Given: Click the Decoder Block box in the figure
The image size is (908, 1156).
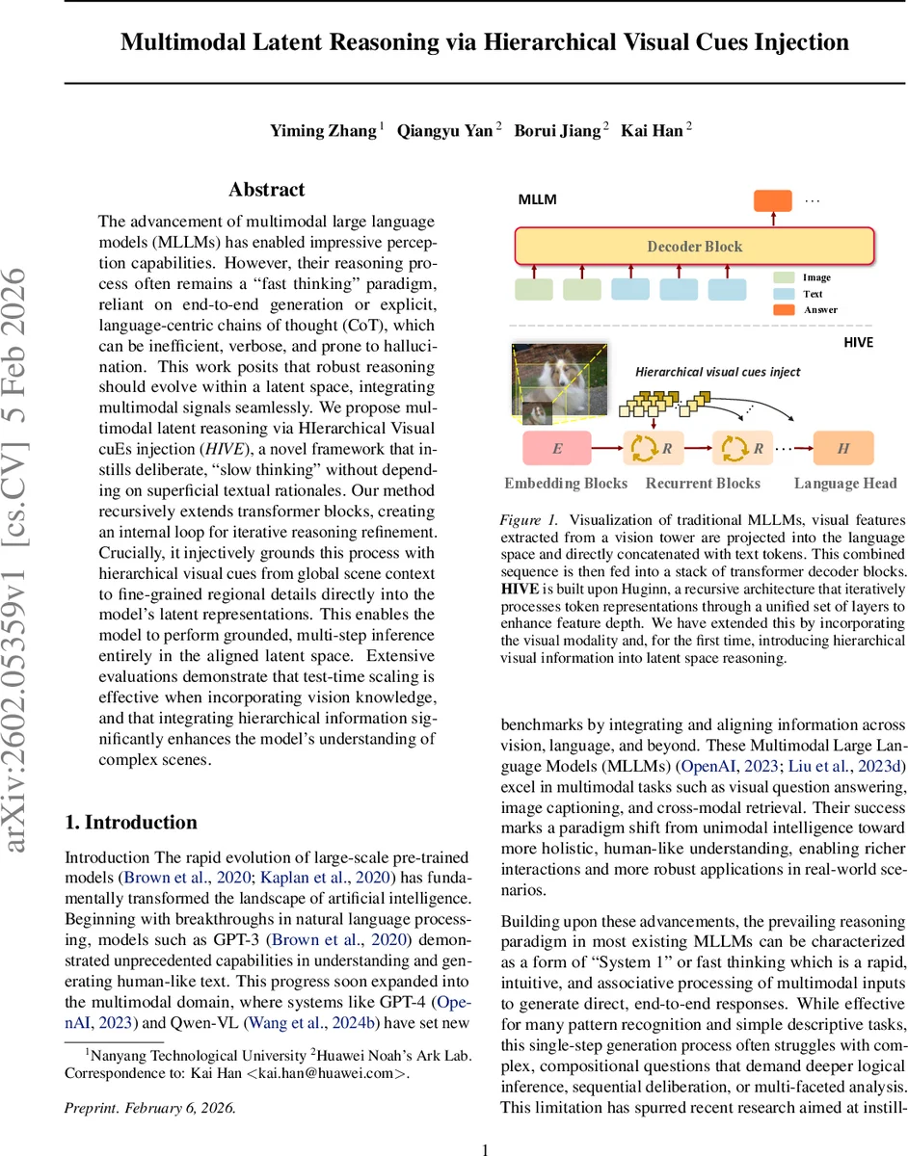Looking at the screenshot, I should point(694,247).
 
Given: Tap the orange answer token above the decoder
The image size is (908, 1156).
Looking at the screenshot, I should point(771,201).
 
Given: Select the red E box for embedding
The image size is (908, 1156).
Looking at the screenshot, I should point(556,448).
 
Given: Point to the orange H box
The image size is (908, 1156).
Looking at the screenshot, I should point(843,448).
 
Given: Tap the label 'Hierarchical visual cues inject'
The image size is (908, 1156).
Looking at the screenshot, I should point(718,371).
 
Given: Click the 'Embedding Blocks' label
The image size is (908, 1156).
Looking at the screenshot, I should point(566,484).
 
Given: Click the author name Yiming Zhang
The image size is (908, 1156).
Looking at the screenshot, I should point(323,130).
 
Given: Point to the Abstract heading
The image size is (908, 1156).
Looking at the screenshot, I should point(267,190).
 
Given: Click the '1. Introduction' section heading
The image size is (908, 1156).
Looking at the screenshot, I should point(130,822).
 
